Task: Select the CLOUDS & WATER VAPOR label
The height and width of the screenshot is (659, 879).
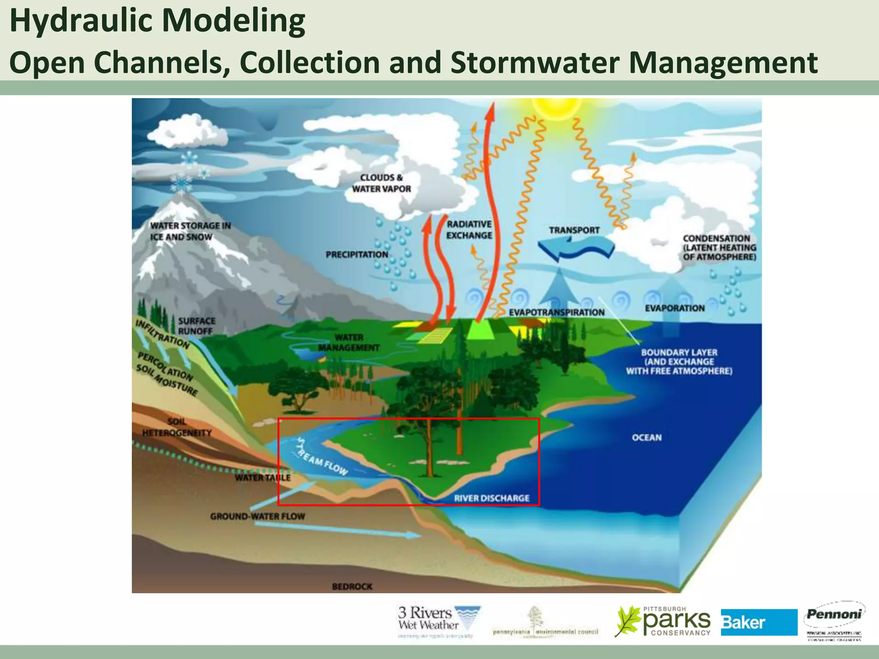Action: coord(381,183)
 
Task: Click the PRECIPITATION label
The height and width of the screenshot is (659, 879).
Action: coord(357,255)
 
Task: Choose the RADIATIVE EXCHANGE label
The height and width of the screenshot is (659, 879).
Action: coord(469,230)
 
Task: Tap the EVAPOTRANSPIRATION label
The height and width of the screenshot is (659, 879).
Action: coord(557,312)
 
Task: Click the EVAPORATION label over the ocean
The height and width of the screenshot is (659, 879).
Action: coord(675,308)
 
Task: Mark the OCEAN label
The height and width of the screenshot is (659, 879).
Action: coord(646,438)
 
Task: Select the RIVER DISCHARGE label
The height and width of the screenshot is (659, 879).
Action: coord(491,498)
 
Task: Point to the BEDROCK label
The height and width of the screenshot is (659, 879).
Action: coord(352,586)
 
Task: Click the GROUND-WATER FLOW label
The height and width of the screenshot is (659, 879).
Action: coord(258,517)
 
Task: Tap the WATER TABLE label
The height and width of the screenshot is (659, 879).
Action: coord(263,478)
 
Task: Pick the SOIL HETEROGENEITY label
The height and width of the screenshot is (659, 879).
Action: coord(177,427)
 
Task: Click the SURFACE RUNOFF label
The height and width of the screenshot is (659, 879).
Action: coord(197,326)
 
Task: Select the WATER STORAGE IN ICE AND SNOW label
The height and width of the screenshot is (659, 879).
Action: coord(190,231)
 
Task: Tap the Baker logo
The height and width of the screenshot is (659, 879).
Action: coord(758,622)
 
